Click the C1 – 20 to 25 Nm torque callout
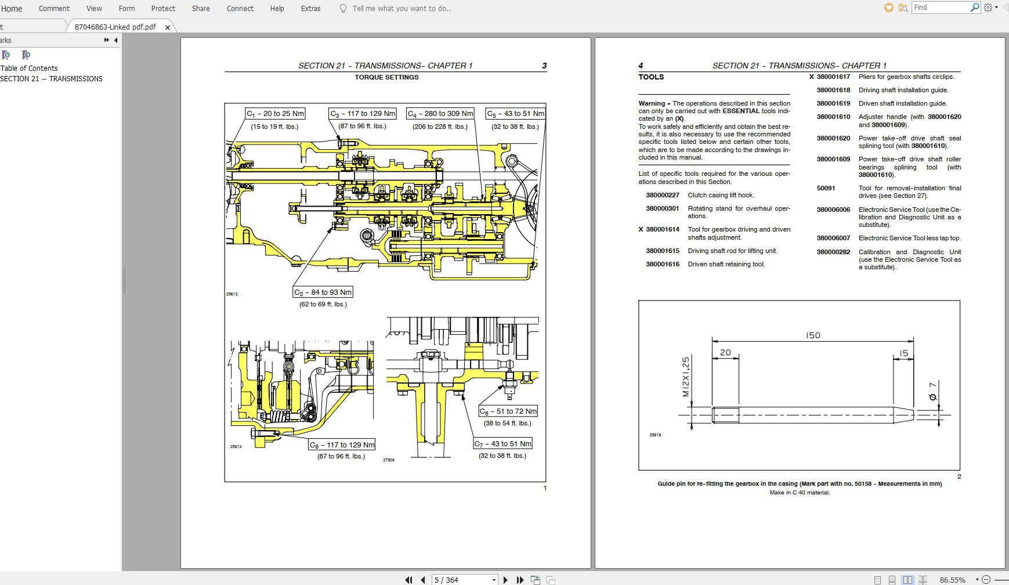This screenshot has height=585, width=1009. pos(275,114)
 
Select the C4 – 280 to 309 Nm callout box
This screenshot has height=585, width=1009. pos(440,114)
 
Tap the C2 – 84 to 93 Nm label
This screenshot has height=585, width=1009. pos(323,292)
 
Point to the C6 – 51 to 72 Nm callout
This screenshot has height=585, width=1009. pos(508,411)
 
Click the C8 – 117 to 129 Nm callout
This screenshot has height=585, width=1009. pos(342,445)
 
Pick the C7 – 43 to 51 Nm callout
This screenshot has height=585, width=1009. pos(503,444)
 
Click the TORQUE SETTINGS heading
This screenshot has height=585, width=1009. pos(386,77)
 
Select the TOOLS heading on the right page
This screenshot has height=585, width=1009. pos(651,77)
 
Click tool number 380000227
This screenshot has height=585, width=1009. pos(662,195)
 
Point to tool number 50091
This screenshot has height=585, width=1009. pos(826,188)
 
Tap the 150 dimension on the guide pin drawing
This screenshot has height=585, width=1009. pos(813,335)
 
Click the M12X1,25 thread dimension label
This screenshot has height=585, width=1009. pos(686,377)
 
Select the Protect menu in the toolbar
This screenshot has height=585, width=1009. pos(163,9)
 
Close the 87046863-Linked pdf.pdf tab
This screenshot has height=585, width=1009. pos(168,27)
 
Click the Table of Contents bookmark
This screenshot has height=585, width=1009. pos(29,68)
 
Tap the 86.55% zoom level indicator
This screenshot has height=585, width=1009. pos(952,580)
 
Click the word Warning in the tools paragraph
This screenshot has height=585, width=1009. pos(652,103)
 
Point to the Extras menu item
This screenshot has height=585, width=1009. pos(310,9)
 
